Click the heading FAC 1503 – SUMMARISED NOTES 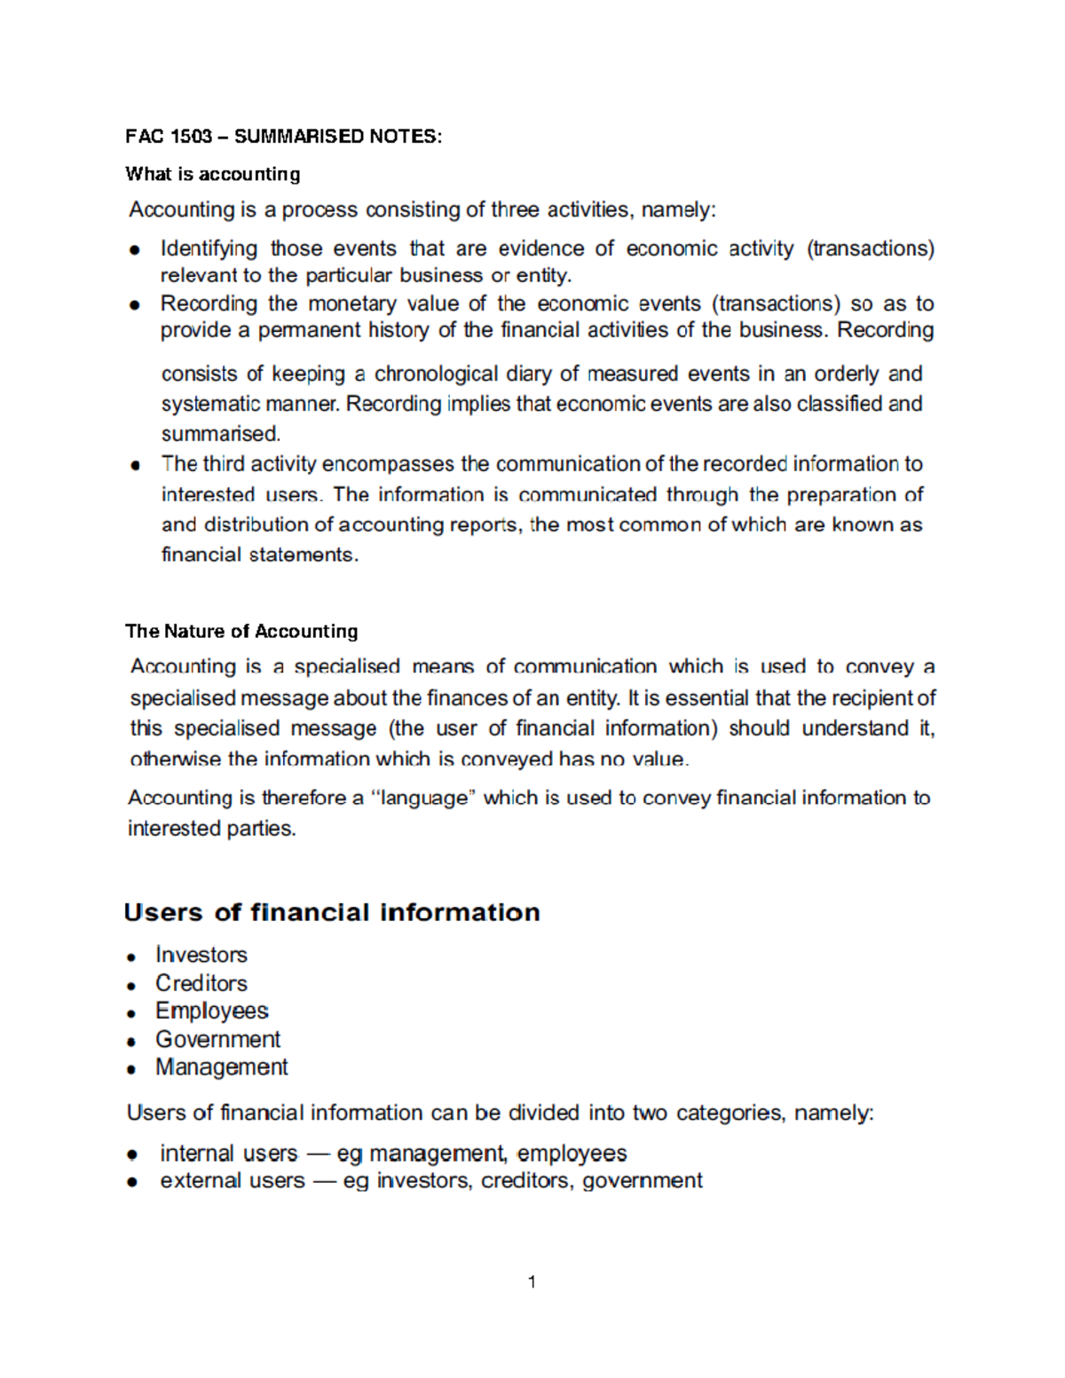[283, 137]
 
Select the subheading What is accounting [213, 174]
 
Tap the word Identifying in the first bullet [209, 249]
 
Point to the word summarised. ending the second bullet [221, 434]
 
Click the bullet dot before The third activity [135, 465]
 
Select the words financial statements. [260, 555]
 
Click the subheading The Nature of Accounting [241, 632]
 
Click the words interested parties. [211, 829]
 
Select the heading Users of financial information [332, 912]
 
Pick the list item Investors [201, 955]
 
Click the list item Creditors [201, 983]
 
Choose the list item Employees [212, 1011]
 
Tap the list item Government [217, 1039]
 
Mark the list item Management [222, 1067]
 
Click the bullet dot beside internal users [132, 1154]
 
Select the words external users [233, 1181]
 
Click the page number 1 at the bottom [532, 1281]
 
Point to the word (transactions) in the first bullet [870, 249]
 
